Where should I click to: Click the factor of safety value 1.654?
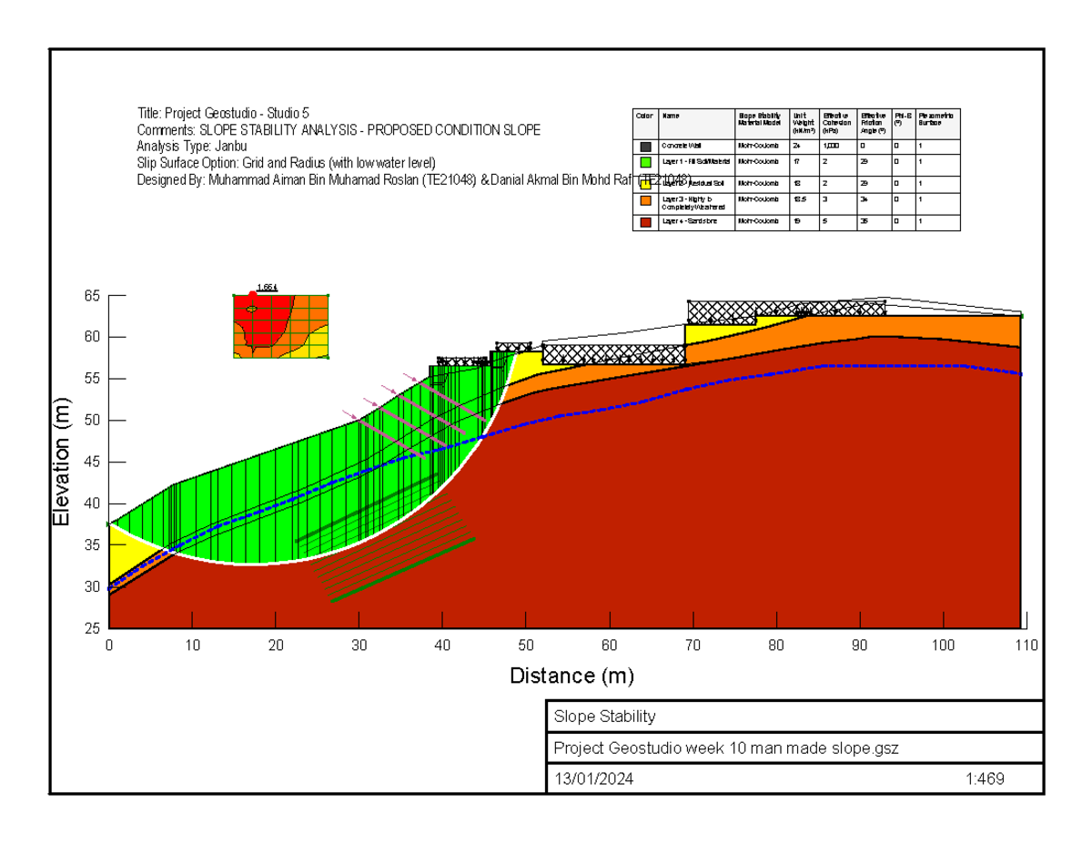[267, 288]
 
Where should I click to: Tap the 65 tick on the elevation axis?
[93, 296]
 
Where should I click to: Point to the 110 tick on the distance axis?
[1026, 646]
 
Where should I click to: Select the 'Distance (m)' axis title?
[571, 676]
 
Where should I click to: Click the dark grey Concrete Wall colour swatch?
[645, 146]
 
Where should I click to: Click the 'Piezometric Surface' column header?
[937, 119]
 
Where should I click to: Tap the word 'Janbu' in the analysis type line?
[229, 147]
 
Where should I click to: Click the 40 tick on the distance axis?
[443, 646]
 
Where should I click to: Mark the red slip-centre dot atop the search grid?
[252, 294]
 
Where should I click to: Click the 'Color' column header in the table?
[644, 117]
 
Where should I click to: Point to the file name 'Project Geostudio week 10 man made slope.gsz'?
[726, 748]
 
